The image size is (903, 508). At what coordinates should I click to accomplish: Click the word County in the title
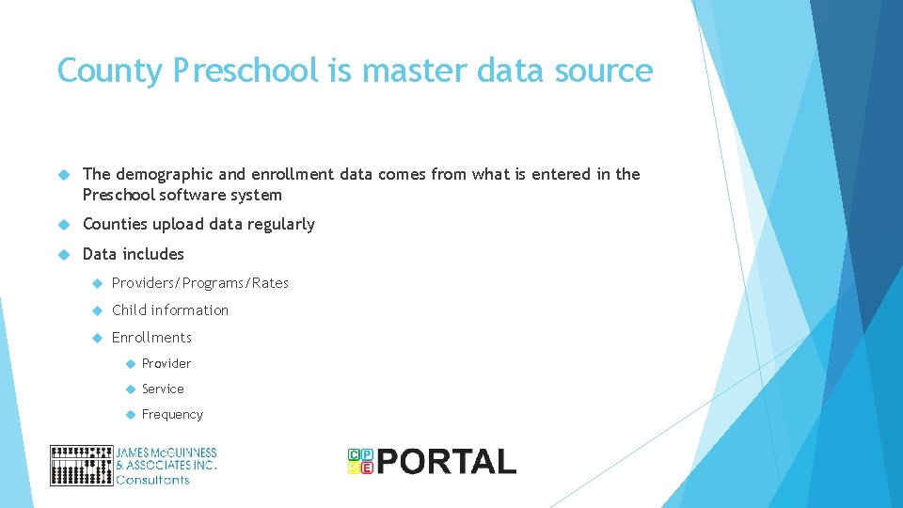[109, 71]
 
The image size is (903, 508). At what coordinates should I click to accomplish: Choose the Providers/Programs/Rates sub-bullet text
[200, 283]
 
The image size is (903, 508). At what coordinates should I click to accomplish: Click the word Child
[129, 310]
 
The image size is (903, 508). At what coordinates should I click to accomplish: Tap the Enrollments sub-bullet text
[151, 338]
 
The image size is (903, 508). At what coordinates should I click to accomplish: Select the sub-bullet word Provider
[166, 364]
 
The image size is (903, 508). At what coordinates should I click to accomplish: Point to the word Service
[163, 389]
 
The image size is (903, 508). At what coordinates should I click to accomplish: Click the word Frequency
[172, 415]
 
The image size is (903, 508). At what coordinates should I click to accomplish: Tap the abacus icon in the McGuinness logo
[81, 465]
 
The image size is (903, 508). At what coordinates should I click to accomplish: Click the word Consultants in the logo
[152, 480]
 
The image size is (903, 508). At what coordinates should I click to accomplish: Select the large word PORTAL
[448, 462]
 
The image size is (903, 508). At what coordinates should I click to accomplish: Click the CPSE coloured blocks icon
[360, 461]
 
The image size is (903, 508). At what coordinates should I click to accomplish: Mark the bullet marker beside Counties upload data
[65, 225]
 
